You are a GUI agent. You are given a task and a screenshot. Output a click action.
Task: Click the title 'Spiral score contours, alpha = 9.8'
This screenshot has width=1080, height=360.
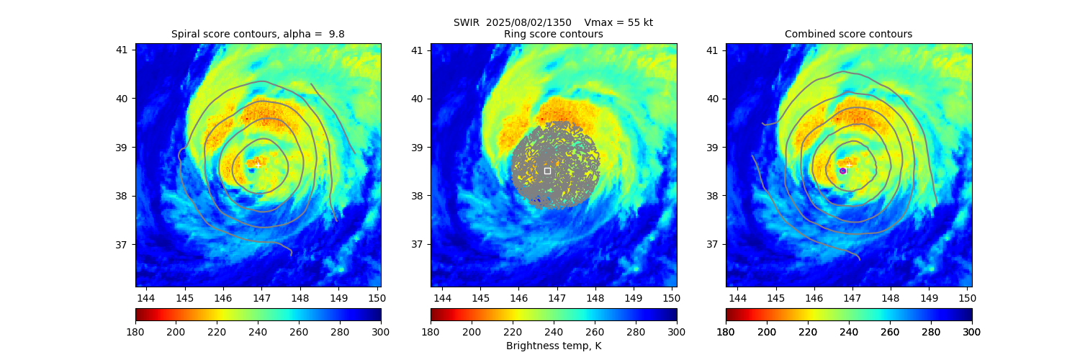click(x=258, y=35)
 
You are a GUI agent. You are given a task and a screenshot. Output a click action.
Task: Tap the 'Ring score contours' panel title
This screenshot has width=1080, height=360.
click(x=553, y=35)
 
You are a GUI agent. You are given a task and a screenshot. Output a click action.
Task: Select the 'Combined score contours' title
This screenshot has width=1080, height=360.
click(x=848, y=35)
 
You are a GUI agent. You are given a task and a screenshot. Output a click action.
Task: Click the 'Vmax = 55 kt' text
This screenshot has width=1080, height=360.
click(x=618, y=22)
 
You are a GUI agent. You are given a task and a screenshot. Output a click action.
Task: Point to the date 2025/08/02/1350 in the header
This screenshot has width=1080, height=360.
click(x=528, y=22)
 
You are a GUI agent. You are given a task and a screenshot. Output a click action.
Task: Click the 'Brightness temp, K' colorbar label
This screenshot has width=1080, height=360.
click(x=553, y=346)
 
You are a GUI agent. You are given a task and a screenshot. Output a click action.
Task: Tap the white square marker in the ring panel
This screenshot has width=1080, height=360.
click(x=547, y=171)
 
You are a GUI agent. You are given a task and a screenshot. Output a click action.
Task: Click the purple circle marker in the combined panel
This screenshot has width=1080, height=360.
click(x=842, y=171)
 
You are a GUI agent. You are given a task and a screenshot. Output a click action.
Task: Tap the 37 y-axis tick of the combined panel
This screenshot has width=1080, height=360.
click(x=712, y=244)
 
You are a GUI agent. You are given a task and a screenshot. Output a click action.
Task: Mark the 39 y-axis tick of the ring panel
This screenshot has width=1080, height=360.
click(x=417, y=147)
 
